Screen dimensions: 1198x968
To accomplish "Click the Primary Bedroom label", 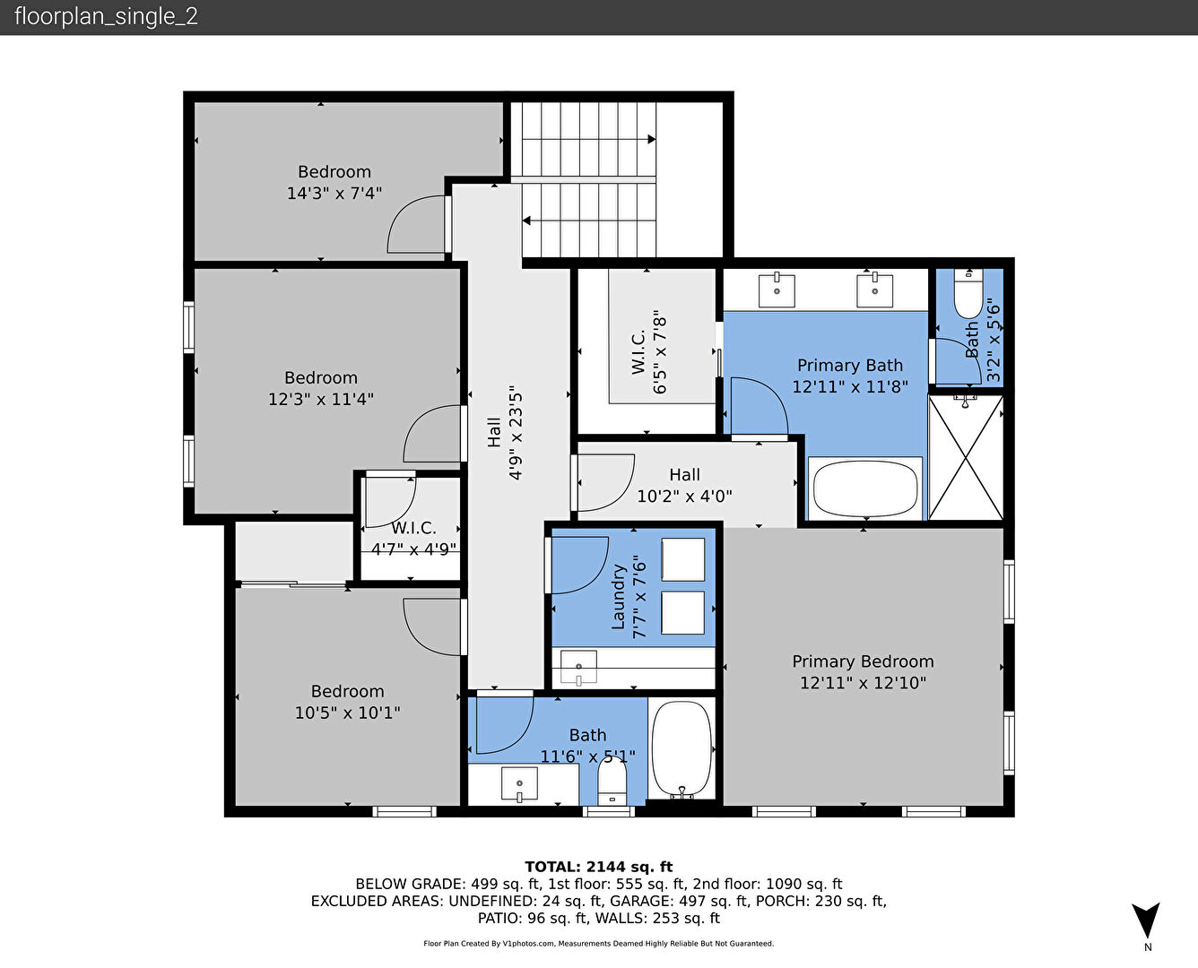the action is [863, 661].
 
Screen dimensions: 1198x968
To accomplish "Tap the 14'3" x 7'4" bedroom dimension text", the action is [334, 194].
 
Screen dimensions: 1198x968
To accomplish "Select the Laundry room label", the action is [618, 597].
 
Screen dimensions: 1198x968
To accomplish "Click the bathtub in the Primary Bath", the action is [865, 488].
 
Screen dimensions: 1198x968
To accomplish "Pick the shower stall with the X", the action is [965, 458].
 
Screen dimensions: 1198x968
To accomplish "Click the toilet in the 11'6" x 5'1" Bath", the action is [612, 781].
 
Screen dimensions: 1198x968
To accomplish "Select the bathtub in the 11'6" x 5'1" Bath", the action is [681, 748].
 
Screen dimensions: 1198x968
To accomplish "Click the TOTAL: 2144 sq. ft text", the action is [598, 867].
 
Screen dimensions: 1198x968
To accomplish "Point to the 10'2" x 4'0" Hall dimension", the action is [684, 497].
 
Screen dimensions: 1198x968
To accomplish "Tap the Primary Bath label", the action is [850, 366].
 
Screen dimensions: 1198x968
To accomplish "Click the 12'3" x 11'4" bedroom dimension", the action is [321, 399].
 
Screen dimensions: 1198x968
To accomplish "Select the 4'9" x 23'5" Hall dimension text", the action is [516, 432].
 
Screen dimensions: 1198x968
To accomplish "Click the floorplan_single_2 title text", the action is [106, 17].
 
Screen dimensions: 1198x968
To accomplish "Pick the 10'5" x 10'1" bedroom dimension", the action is [348, 713].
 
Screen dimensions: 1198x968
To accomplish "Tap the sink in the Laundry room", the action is [578, 668].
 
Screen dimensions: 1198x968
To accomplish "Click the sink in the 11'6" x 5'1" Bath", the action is [519, 784].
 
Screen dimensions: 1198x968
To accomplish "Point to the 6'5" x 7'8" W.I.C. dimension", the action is [660, 351].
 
